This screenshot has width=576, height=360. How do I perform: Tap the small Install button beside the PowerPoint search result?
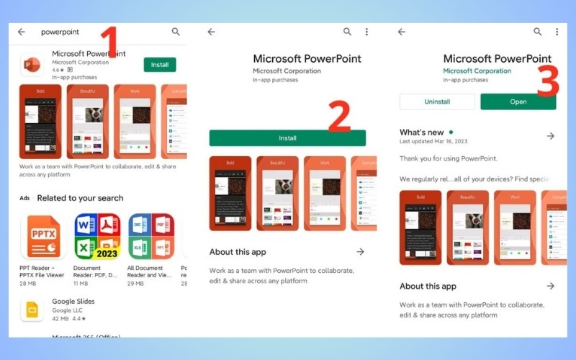tap(160, 65)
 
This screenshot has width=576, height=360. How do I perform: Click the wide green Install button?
tap(287, 138)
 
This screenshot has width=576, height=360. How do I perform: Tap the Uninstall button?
tap(437, 102)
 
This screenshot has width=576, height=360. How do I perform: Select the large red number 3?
tap(548, 81)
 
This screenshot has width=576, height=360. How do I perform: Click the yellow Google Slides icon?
tap(32, 310)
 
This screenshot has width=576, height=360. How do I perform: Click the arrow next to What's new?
tap(551, 136)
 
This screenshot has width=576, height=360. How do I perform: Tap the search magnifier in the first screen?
tap(176, 32)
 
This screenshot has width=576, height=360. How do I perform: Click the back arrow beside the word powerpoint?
tap(22, 32)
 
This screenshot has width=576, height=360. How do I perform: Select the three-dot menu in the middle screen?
tap(366, 32)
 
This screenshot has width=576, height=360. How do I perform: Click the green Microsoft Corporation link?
tap(477, 71)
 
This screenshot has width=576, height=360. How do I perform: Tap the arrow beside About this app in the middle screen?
tap(360, 252)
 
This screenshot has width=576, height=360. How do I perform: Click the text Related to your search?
tap(80, 198)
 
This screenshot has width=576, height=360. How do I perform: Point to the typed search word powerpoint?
tap(60, 32)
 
